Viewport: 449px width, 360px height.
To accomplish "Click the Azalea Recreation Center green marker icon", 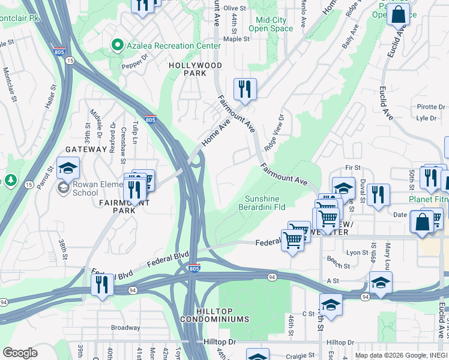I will [117, 46].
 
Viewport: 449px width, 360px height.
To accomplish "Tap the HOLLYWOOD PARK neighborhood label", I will [195, 69].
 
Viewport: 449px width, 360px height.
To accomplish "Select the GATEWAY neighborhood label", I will [86, 149].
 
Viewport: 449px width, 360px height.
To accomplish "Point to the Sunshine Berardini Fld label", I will [265, 203].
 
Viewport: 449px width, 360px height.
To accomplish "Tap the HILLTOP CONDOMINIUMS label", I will [222, 314].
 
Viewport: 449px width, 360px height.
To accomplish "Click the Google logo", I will [20, 353].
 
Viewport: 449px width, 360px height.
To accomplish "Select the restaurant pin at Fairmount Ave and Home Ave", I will [245, 89].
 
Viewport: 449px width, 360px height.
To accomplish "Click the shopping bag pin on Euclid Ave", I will [398, 13].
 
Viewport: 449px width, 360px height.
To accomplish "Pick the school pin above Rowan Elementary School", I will [68, 168].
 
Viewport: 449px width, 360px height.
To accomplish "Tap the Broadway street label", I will [125, 328].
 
